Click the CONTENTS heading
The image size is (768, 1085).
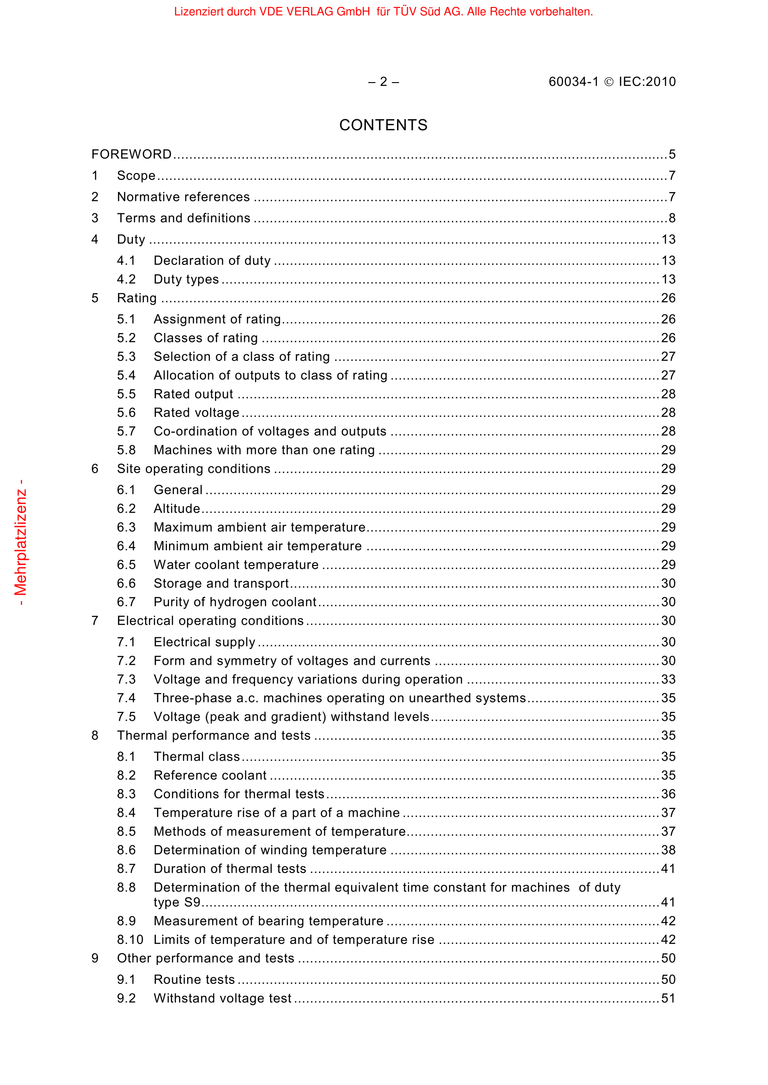pos(383,125)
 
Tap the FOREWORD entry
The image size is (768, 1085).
pos(131,154)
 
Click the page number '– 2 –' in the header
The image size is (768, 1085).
pos(383,82)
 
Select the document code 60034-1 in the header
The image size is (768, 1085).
pos(573,82)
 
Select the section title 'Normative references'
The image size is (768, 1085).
pos(183,197)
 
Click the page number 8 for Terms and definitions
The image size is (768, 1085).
pos(672,218)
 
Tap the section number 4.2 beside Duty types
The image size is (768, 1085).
pos(126,279)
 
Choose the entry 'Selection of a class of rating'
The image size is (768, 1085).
pos(241,357)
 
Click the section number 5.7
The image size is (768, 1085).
pos(126,431)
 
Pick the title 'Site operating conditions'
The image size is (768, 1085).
pos(194,469)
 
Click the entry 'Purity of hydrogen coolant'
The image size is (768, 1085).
pos(235,602)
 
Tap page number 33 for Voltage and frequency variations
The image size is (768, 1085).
pos(668,680)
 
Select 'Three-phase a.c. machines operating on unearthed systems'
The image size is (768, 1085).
pos(339,698)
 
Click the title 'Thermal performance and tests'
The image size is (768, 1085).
pos(214,736)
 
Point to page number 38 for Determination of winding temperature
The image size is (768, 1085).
pos(668,850)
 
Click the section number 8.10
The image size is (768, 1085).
pos(130,940)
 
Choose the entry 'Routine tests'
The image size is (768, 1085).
pos(195,980)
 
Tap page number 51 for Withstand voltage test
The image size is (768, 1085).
pos(668,999)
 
